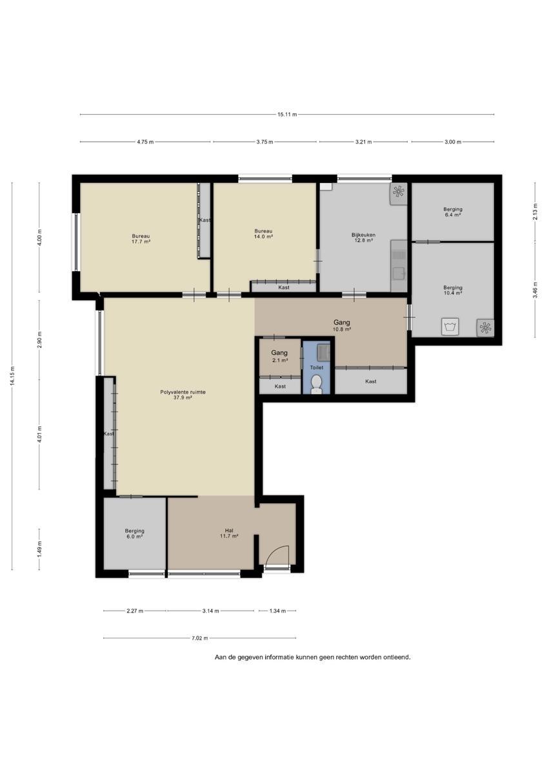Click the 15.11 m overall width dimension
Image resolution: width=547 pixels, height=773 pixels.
[x=287, y=115]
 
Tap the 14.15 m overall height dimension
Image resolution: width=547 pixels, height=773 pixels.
[x=12, y=376]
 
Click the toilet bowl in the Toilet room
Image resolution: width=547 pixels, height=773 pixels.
[x=316, y=385]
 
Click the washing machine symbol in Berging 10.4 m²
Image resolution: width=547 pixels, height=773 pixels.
[x=450, y=327]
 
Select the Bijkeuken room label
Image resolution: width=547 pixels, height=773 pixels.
[x=363, y=234]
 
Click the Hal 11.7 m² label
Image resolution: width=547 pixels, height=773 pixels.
[x=229, y=533]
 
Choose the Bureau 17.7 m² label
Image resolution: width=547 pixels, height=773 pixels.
[x=141, y=239]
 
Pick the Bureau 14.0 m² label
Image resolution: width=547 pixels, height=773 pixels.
[x=263, y=234]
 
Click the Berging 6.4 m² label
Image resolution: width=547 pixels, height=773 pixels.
[x=453, y=211]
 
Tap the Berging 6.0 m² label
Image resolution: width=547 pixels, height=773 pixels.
[x=134, y=533]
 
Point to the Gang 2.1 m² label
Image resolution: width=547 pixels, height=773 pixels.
[x=279, y=356]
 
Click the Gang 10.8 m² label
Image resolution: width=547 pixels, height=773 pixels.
[x=342, y=325]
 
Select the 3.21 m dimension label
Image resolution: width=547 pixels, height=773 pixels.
[x=364, y=142]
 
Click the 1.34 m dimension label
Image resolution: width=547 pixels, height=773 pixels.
[x=277, y=611]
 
